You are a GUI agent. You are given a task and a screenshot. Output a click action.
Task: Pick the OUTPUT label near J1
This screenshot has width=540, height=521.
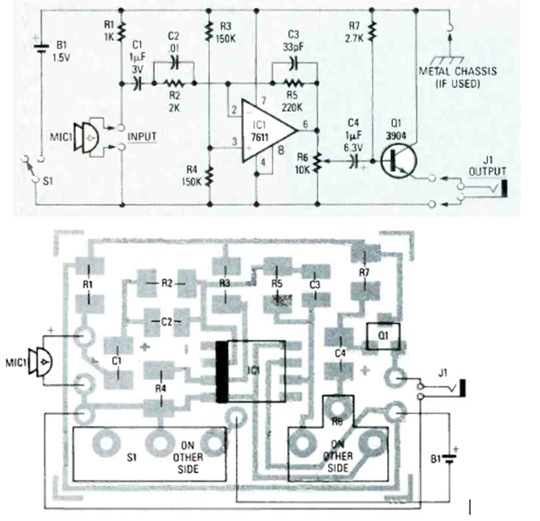point(488,171)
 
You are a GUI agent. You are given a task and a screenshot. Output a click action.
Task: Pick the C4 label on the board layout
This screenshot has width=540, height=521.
point(339,354)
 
